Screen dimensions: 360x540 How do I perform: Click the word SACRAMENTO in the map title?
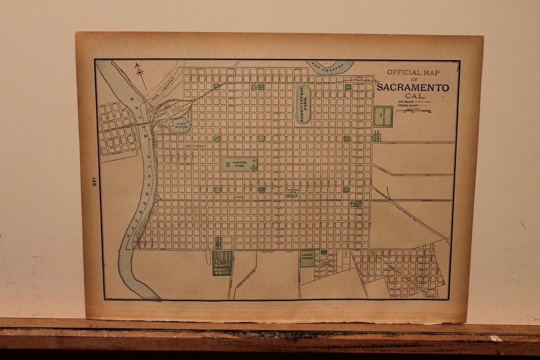click(x=413, y=88)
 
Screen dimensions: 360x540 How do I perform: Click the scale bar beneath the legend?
click(x=414, y=112)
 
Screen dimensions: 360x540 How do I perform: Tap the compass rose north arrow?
click(x=140, y=72)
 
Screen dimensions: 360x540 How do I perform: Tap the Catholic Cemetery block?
click(x=307, y=258)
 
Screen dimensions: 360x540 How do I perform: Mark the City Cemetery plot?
click(x=222, y=263)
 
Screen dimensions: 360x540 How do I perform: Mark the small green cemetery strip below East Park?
click(x=377, y=135)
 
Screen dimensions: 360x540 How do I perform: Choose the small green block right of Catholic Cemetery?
click(x=324, y=252)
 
